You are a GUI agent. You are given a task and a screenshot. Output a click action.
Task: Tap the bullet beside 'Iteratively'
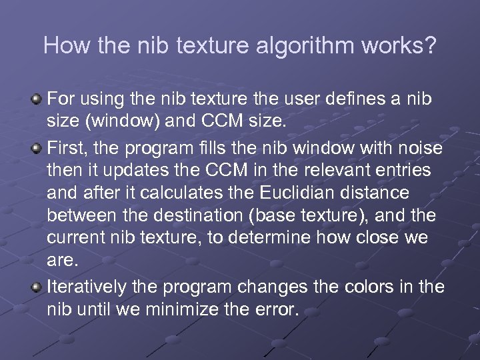tap(39, 287)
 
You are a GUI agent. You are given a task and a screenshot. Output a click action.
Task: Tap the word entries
tap(402, 170)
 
